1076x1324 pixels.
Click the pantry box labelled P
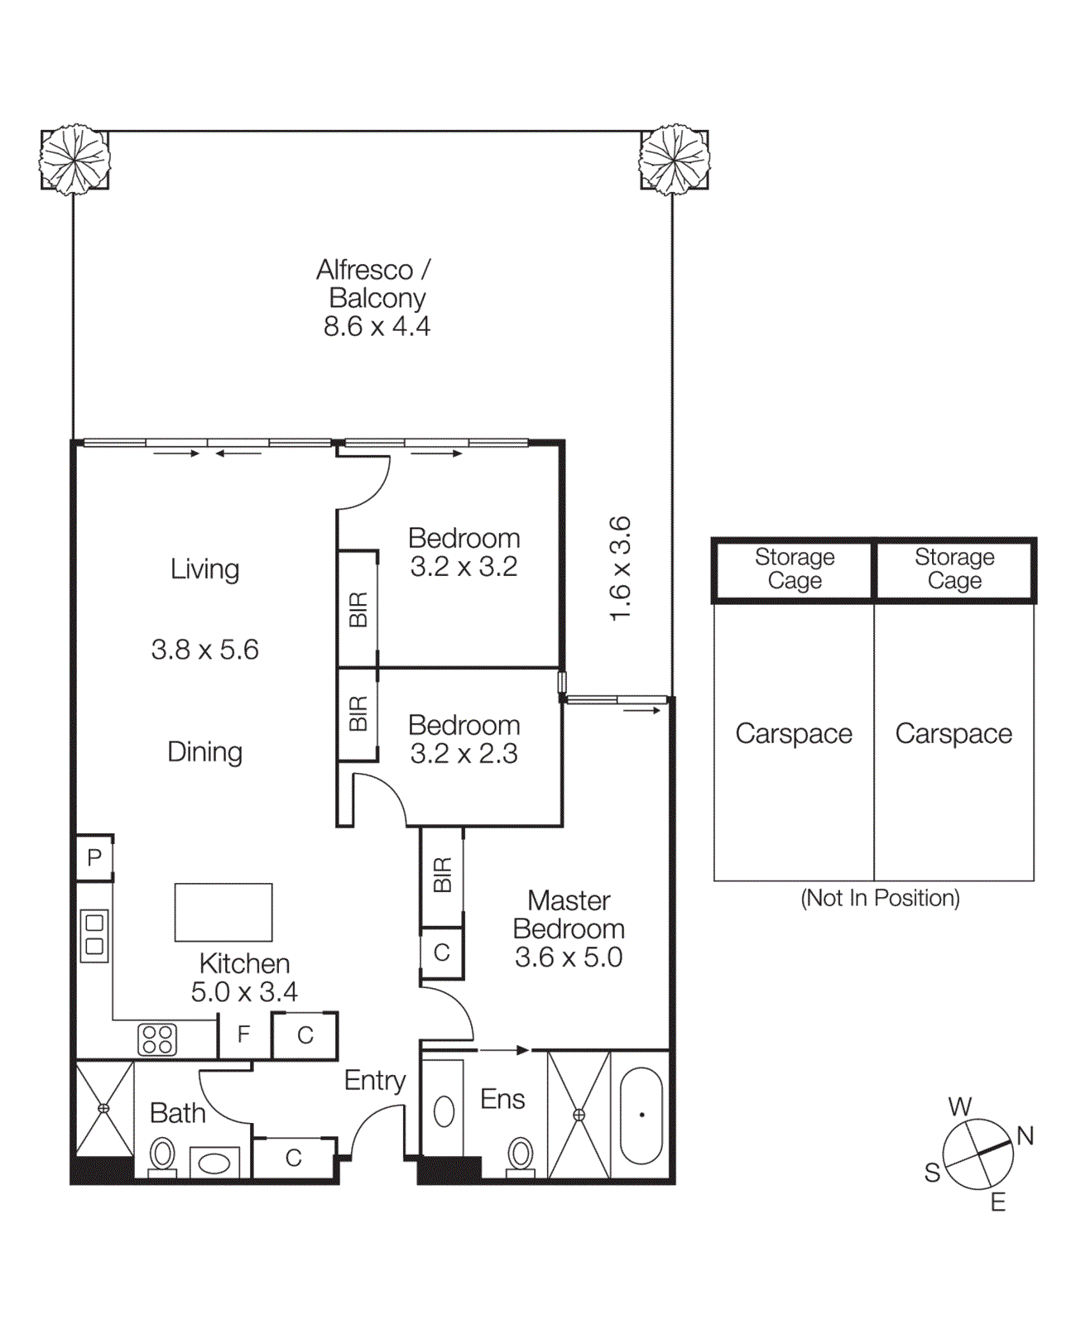coord(94,858)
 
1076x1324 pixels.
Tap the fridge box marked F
coord(243,1035)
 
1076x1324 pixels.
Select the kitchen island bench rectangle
coord(223,913)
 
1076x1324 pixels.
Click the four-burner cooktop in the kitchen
coord(157,1039)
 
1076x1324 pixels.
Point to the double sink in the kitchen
coord(94,935)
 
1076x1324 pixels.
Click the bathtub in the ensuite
coord(641,1115)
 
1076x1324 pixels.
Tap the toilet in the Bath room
coord(162,1154)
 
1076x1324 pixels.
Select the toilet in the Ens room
coord(521,1154)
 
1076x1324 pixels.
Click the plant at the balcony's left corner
coord(74,159)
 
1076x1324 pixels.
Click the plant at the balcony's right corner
coord(675,159)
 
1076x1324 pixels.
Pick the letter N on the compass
coord(1026,1136)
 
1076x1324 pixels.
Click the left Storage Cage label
coord(795,568)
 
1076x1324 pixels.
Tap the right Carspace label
coord(954,734)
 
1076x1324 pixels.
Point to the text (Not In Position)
coord(880,898)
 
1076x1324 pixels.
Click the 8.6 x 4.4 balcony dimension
coord(377,327)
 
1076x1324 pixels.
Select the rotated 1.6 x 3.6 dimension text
coord(620,568)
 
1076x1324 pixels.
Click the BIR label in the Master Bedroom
coord(442,875)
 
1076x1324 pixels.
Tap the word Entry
coord(375,1081)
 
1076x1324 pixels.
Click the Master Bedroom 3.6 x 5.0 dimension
coord(569,957)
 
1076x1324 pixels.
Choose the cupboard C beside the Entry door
coord(294,1158)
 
